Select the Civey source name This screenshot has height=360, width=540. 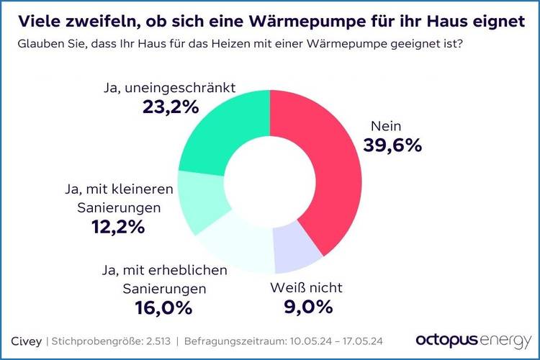[x=27, y=340]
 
